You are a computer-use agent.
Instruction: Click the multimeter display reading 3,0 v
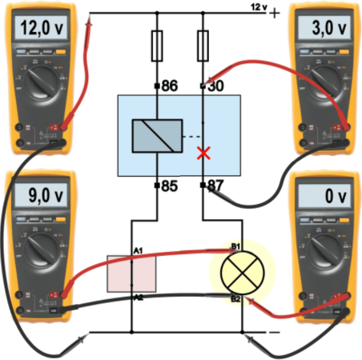(x=324, y=29)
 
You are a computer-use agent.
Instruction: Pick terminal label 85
(x=170, y=187)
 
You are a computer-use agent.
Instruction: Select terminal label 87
(x=215, y=187)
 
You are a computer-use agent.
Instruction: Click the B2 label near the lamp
(x=235, y=298)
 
